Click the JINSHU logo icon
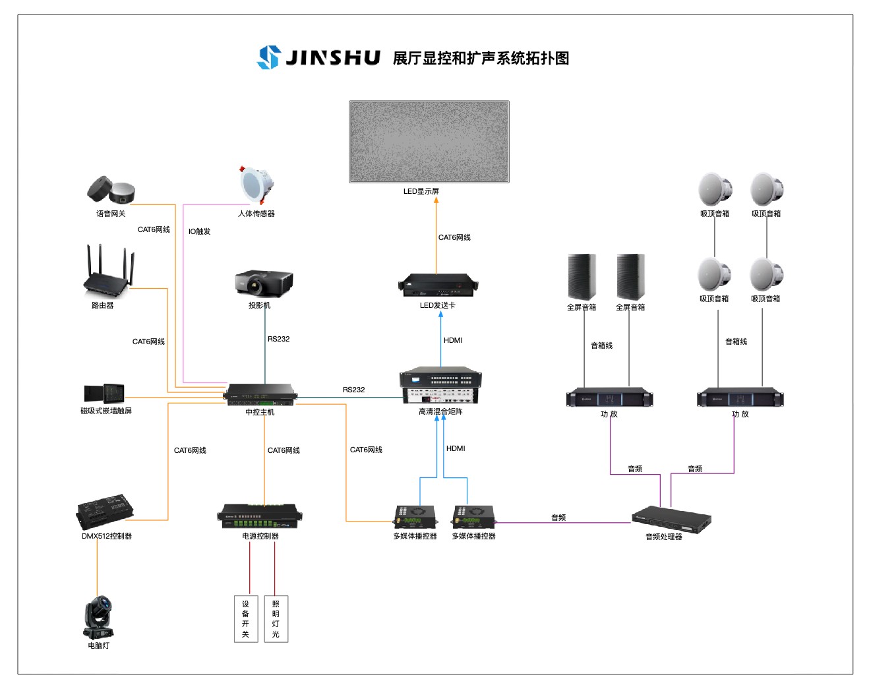(x=268, y=57)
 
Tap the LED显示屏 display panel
(x=429, y=142)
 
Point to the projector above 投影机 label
(x=264, y=283)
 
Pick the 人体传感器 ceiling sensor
(x=256, y=185)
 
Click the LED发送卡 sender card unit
(x=438, y=285)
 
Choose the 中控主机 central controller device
(x=260, y=394)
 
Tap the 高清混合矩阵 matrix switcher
(x=440, y=386)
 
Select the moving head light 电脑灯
(x=98, y=618)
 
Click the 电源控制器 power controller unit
(x=260, y=516)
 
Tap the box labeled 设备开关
(x=245, y=618)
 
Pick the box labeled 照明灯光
(x=276, y=618)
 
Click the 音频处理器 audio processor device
(x=671, y=519)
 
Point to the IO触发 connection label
(x=199, y=231)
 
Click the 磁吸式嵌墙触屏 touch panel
(x=104, y=394)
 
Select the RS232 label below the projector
(x=278, y=339)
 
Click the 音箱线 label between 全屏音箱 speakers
(x=601, y=345)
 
